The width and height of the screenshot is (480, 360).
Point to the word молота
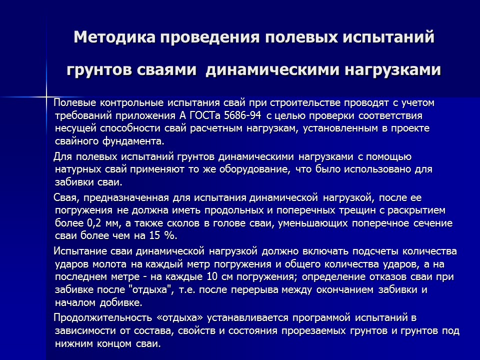click(107, 263)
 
